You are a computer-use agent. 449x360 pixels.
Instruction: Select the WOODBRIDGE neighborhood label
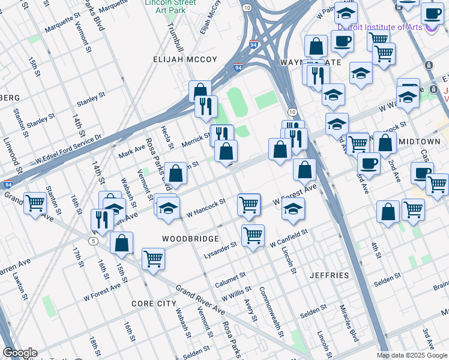[x=190, y=238]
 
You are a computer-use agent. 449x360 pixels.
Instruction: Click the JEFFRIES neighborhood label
[x=329, y=275]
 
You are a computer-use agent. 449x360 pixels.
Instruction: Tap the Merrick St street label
[x=196, y=141]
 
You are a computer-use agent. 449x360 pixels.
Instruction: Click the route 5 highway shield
[x=93, y=241]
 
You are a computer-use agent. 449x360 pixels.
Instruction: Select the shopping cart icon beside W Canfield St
[x=253, y=235]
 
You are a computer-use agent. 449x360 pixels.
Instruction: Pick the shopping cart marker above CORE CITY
[x=153, y=259]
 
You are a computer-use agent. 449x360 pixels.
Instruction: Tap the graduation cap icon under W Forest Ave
[x=293, y=209]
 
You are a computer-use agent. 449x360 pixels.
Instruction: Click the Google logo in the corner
[x=20, y=353]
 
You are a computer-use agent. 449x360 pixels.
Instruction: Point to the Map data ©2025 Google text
[x=412, y=355]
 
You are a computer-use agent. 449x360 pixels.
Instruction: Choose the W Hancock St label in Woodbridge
[x=205, y=208]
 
